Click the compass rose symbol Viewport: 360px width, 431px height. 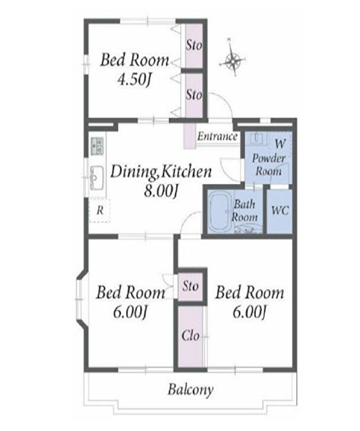233,60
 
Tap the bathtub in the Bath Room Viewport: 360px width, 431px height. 220,211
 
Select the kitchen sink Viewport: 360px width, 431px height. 97,178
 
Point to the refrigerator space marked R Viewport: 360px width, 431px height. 100,210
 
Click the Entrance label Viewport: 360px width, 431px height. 217,136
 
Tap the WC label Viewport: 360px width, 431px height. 280,211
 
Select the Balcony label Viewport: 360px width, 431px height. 190,390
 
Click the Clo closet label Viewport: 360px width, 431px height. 190,336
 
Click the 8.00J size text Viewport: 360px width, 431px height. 160,190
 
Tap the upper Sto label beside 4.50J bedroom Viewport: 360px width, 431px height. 194,45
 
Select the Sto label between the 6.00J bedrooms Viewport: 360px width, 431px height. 190,286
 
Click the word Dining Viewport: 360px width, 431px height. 133,172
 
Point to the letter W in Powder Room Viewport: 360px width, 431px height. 280,143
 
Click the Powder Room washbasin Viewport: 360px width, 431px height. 256,138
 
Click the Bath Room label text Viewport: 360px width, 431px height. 244,211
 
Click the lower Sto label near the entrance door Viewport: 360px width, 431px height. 194,95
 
